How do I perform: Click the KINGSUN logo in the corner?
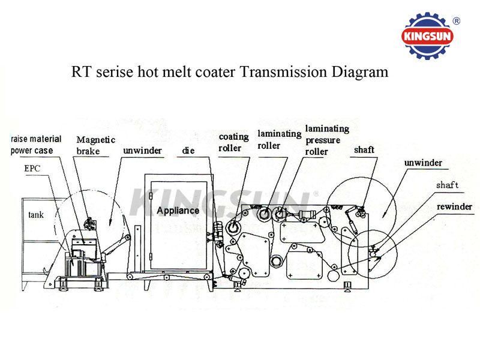427,36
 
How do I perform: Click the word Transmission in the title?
283,72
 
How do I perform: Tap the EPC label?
32,168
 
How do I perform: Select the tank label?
36,215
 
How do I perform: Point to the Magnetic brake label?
96,145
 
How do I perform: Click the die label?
188,151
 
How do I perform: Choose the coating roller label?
233,142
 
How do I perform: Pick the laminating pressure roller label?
327,140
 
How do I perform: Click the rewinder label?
454,206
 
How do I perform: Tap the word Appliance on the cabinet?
178,211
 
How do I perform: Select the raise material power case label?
36,145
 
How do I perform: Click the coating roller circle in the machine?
233,227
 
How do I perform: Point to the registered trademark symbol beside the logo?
456,21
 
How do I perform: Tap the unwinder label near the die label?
142,151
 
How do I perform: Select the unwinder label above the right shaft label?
423,163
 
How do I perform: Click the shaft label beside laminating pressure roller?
364,149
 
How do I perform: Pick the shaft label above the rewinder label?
447,185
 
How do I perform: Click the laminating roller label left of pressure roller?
280,140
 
